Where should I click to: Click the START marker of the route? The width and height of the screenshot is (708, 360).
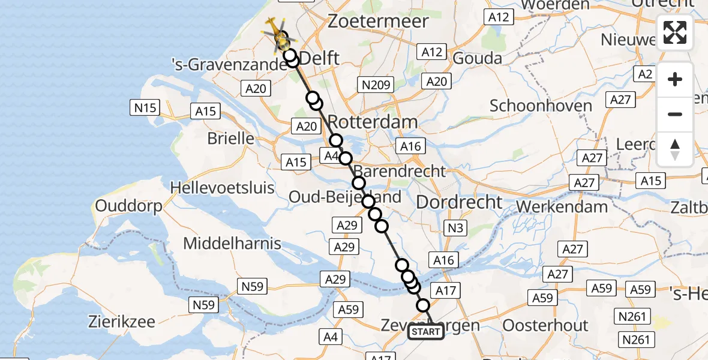(x=426, y=332)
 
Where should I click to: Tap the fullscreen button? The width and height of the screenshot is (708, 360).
(x=675, y=32)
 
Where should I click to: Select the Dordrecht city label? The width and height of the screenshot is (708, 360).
(x=459, y=202)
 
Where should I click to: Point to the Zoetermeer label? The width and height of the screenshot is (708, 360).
(x=378, y=22)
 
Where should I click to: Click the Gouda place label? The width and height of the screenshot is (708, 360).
(x=478, y=58)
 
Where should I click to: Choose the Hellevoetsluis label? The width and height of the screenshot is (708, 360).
(x=222, y=187)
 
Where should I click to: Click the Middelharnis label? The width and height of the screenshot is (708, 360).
(x=232, y=244)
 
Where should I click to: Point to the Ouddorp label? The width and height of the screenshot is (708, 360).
(x=129, y=206)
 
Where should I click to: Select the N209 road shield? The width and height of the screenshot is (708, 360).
(x=375, y=85)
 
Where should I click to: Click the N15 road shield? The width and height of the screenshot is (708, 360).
(x=144, y=108)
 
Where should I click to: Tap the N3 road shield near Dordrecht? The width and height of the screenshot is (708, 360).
(x=455, y=228)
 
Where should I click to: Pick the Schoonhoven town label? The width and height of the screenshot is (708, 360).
(x=541, y=106)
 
